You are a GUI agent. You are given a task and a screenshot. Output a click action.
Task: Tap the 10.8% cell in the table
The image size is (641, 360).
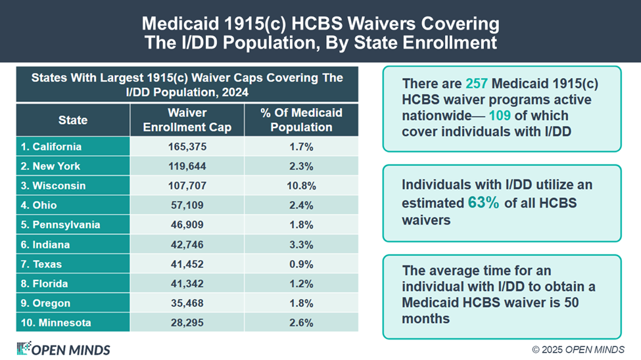click(x=301, y=186)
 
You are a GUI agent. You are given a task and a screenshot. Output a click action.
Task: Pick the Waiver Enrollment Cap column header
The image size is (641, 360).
click(x=187, y=120)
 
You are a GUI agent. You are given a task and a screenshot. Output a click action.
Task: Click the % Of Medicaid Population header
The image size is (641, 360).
click(x=301, y=120)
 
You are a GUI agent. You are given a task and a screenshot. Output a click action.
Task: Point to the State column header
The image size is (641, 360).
click(x=72, y=120)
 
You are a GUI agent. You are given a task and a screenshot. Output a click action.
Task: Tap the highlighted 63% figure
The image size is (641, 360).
click(x=483, y=203)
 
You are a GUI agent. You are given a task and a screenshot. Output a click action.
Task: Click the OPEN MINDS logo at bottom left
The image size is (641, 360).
click(x=63, y=349)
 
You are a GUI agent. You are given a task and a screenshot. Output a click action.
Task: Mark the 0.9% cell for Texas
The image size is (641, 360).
click(x=301, y=264)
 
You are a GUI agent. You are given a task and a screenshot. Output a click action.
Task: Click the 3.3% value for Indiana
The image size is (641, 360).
click(x=301, y=244)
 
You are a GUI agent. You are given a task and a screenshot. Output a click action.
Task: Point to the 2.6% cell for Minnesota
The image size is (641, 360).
click(x=301, y=323)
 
